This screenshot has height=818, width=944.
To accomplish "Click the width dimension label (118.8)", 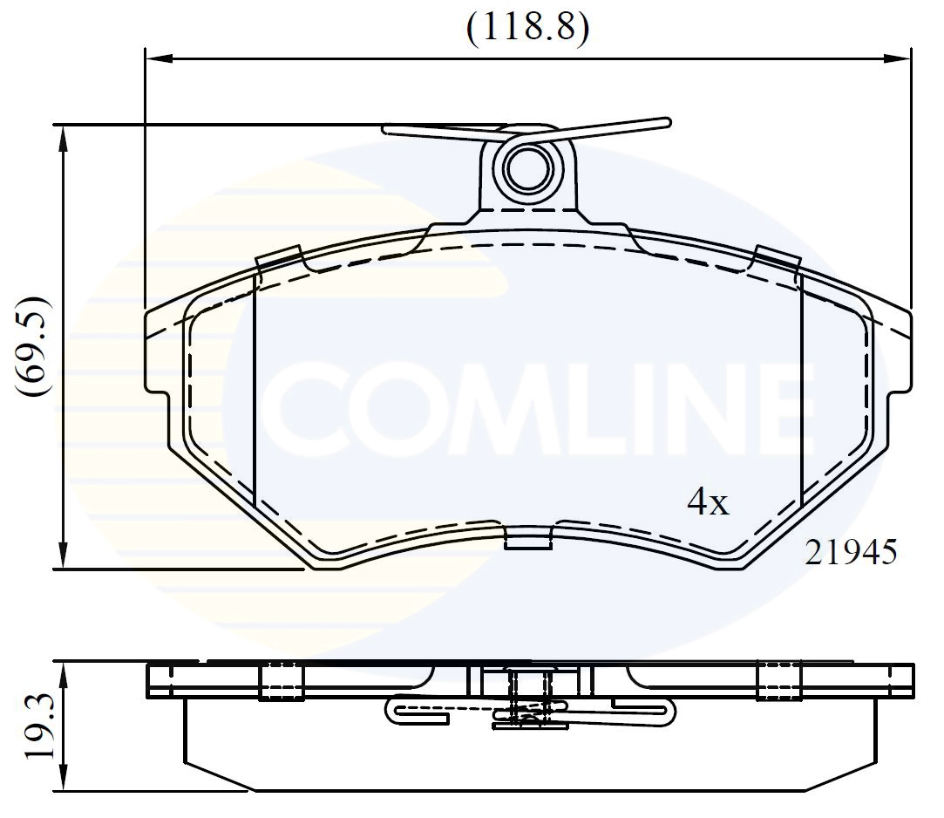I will coord(527,29).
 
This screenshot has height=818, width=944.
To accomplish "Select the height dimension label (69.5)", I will coord(36,346).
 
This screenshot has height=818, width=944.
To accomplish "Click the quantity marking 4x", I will coord(708,502).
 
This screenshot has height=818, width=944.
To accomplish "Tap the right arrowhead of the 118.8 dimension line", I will coord(897,59).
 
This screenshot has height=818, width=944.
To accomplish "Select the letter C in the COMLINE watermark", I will coord(304,407).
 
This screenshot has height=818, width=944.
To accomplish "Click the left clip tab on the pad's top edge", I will coord(279,259).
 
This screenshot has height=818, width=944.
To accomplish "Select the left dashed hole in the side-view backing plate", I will coord(281,681).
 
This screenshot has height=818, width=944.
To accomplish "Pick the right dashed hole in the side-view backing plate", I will coord(778,681).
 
